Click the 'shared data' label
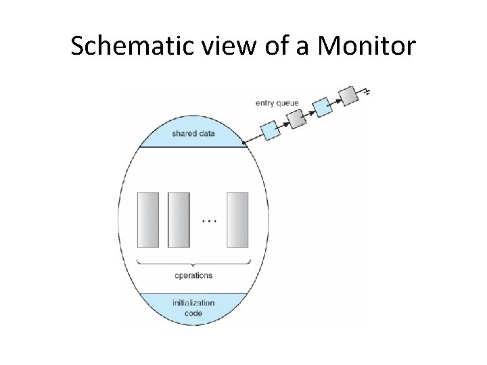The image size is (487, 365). click(x=193, y=133)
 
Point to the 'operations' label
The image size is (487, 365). click(x=193, y=275)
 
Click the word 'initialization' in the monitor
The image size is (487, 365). click(x=193, y=303)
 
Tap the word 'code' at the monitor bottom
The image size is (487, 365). click(x=193, y=314)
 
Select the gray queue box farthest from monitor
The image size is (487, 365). click(x=348, y=95)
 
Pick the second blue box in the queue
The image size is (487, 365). click(x=322, y=106)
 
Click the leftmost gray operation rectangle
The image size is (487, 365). click(x=148, y=220)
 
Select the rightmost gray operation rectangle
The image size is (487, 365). click(x=238, y=220)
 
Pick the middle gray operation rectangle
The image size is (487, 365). click(x=179, y=220)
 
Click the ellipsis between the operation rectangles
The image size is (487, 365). click(x=209, y=221)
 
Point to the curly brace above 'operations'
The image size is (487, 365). click(x=193, y=262)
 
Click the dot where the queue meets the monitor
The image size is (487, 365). click(x=244, y=142)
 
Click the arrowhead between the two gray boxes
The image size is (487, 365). click(x=334, y=101)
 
